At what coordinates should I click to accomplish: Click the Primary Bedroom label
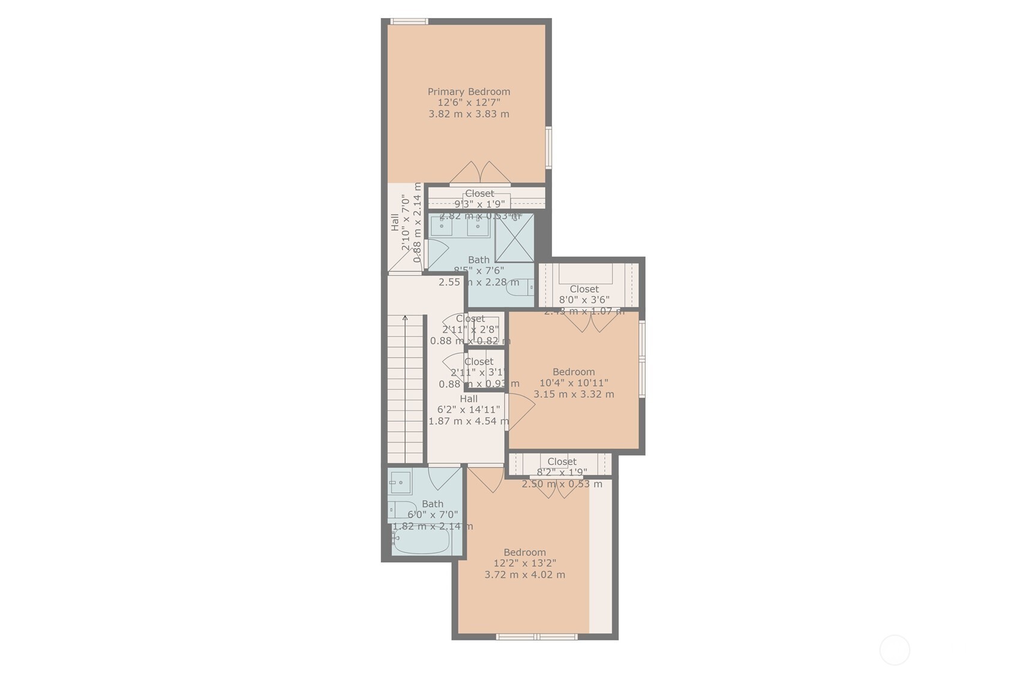click(x=469, y=92)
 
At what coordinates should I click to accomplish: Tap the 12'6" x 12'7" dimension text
click(x=469, y=103)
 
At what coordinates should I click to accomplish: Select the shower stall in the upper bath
click(x=514, y=238)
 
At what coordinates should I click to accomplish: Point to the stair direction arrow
click(x=405, y=319)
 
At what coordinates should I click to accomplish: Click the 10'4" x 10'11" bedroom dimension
click(x=574, y=383)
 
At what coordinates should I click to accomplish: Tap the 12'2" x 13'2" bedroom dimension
click(x=524, y=563)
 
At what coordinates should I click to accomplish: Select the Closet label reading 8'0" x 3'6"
click(x=584, y=289)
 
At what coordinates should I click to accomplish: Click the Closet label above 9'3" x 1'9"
click(x=479, y=194)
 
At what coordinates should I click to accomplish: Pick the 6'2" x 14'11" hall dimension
click(x=468, y=410)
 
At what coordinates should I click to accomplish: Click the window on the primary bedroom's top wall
click(x=409, y=22)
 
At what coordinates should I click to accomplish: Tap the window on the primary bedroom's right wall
click(x=548, y=147)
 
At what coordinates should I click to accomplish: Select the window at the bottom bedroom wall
click(x=536, y=636)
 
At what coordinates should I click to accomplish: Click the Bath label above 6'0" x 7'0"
click(x=433, y=504)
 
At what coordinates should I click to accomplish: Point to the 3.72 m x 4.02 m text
click(x=524, y=575)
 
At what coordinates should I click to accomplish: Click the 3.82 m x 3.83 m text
click(x=469, y=114)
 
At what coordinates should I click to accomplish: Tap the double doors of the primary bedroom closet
click(x=480, y=173)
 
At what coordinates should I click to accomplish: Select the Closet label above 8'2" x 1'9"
click(x=562, y=461)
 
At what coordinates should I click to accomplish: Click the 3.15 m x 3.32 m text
click(x=574, y=394)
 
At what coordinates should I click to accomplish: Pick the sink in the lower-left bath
click(x=400, y=482)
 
